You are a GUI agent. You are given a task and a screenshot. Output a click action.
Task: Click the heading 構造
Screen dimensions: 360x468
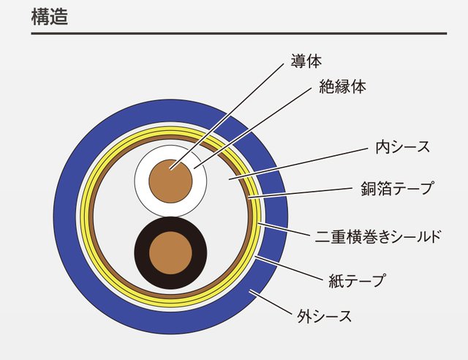click(x=50, y=17)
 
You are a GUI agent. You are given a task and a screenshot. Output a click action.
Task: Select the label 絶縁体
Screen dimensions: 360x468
click(x=343, y=86)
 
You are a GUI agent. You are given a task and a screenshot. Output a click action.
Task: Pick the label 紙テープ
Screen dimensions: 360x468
click(x=357, y=279)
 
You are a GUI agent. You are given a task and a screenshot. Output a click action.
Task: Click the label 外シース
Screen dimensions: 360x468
click(x=325, y=317)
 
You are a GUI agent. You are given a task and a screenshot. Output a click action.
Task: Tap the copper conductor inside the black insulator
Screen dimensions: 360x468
click(x=170, y=253)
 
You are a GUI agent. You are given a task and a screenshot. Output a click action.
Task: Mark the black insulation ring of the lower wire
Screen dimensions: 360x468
click(x=141, y=253)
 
